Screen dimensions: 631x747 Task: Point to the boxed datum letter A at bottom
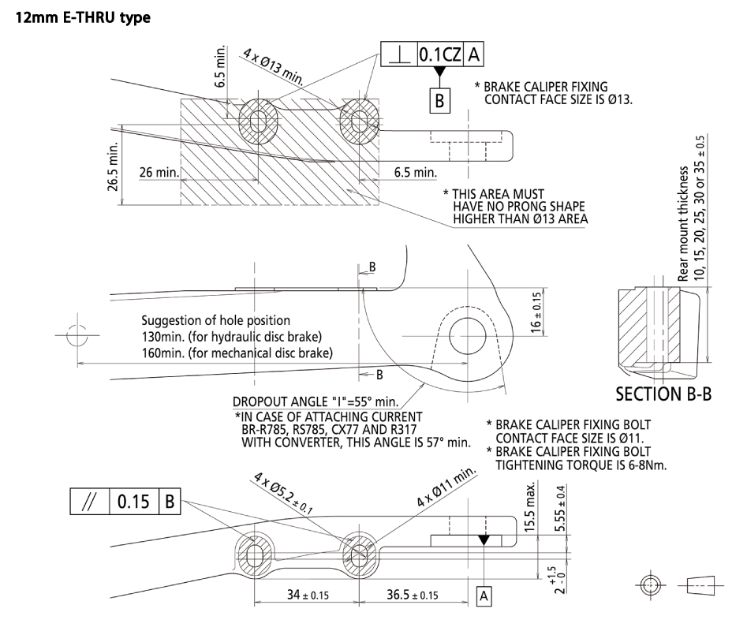click(x=485, y=598)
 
